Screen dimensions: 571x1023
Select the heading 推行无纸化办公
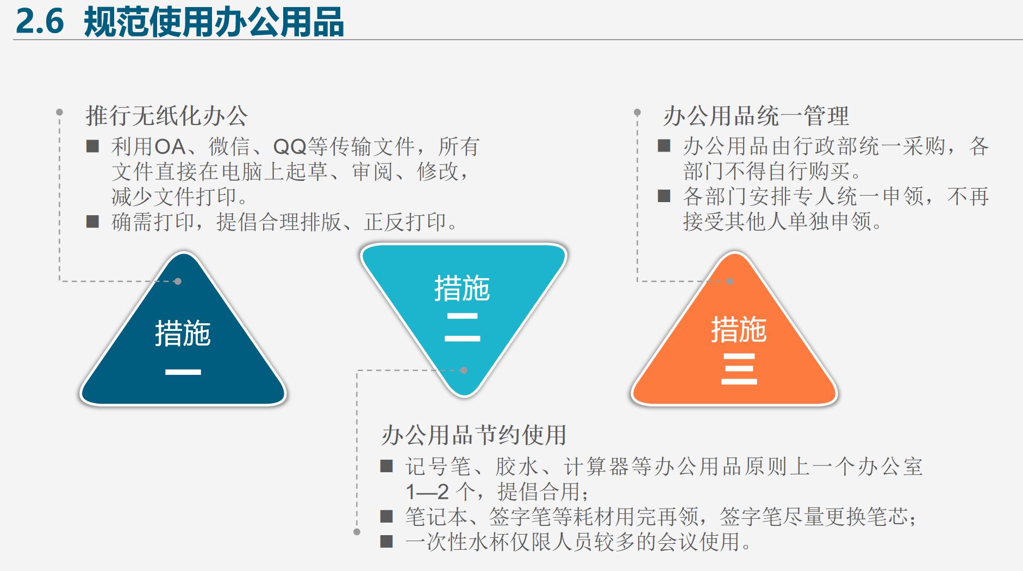click(x=166, y=116)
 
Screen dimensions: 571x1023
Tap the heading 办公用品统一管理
click(x=756, y=116)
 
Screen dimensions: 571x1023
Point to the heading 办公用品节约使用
click(x=474, y=435)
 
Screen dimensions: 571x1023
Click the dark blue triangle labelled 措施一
click(x=183, y=348)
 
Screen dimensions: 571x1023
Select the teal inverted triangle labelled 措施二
click(x=463, y=304)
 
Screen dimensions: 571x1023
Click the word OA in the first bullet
click(x=170, y=147)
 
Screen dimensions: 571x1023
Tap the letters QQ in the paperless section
click(x=290, y=147)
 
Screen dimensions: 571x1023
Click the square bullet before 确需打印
click(x=93, y=221)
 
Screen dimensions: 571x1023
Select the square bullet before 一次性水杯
click(x=386, y=541)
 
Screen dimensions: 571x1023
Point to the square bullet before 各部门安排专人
click(x=664, y=196)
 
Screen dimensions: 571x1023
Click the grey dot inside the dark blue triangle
click(x=178, y=281)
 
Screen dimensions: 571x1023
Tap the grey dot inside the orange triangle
click(x=730, y=281)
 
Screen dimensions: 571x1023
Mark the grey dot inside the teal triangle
click(x=464, y=371)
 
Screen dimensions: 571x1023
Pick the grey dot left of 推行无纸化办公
click(x=59, y=112)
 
